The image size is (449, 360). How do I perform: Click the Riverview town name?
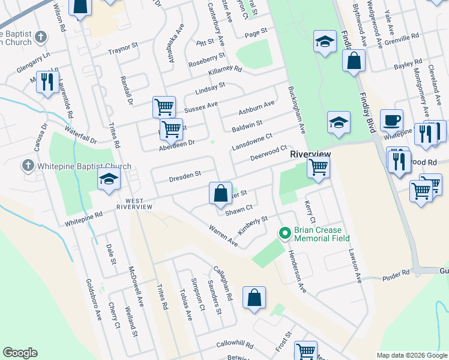tap(310, 154)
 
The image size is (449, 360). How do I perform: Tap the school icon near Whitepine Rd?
tap(109, 179)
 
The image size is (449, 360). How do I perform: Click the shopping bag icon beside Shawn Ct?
tap(220, 193)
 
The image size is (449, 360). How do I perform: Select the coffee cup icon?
tap(391, 120)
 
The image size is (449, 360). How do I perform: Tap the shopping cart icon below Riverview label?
tap(318, 167)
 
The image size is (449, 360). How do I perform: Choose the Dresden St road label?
tap(184, 175)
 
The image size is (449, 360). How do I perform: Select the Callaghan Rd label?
tap(221, 283)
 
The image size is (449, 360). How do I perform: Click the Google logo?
tap(20, 353)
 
